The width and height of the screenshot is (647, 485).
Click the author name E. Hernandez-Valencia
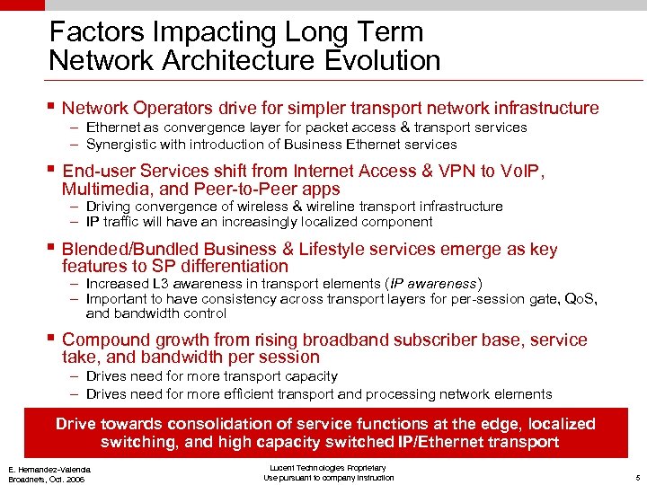[51, 469]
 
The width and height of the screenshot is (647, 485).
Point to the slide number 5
[635, 477]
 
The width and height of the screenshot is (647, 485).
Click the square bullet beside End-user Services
[52, 169]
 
